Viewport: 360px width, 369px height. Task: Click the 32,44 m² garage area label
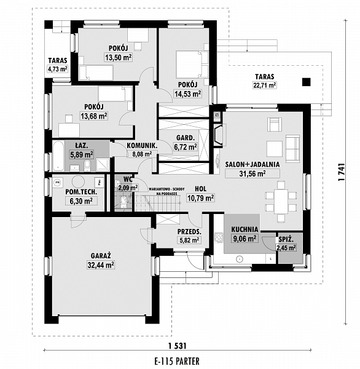point(101,265)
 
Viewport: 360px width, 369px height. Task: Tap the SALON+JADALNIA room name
point(252,164)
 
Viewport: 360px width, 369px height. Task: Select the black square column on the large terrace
point(307,82)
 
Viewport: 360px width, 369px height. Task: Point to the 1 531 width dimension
point(178,346)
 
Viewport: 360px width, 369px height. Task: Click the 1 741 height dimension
point(341,172)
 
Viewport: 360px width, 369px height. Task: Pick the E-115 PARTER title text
point(177,361)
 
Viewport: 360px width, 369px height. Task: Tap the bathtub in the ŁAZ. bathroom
point(58,156)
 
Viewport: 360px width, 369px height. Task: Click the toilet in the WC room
point(122,202)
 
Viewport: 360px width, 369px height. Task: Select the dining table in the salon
point(281,202)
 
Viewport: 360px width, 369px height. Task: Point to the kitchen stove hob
point(219,237)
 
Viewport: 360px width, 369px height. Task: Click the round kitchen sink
point(239,259)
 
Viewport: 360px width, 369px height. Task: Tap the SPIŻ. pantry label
point(286,240)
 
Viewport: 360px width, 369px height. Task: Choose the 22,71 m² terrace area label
point(265,85)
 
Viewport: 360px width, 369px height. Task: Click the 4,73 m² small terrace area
point(58,69)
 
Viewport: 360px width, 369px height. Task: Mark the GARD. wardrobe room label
point(186,138)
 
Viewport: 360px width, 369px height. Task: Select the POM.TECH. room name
point(81,192)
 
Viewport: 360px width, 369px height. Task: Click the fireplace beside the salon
point(219,135)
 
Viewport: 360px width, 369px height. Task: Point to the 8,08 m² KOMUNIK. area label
point(142,154)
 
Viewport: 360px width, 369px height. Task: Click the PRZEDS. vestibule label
point(189,232)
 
